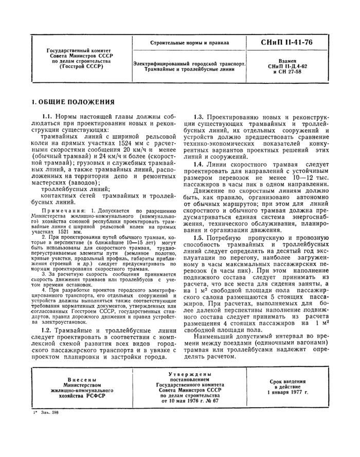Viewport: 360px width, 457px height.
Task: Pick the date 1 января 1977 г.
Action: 288,392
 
